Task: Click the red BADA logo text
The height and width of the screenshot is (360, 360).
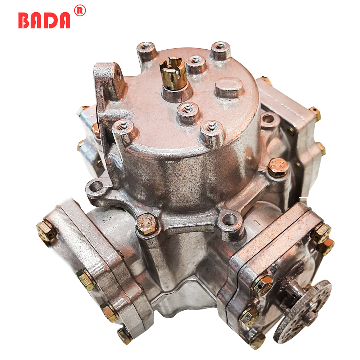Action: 44,20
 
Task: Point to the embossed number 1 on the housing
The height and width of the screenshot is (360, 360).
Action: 256,222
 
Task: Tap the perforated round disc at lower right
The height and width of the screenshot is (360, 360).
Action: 303,311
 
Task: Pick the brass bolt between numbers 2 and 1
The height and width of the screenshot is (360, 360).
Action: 147,224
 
